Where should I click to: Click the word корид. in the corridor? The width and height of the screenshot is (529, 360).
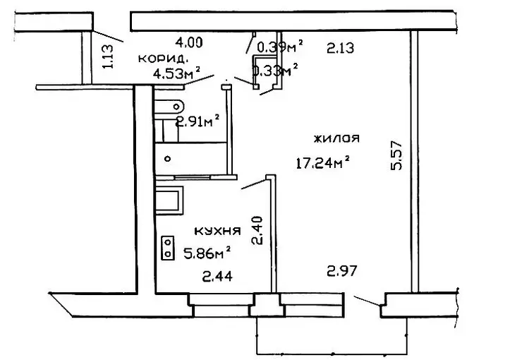coord(163,59)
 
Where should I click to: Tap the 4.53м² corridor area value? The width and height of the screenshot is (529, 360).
coord(177,73)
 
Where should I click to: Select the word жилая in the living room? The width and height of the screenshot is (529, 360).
coord(336,138)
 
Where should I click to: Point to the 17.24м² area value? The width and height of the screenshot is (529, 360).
coord(322,162)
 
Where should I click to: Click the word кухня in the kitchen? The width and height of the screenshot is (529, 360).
coord(218,231)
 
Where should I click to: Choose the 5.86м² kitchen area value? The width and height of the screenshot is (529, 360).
coord(207,253)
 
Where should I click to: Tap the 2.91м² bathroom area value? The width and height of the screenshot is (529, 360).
coord(197,121)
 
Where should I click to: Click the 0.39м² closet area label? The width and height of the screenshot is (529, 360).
coord(280,47)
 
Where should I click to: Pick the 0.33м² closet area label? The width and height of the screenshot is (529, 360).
coord(275,71)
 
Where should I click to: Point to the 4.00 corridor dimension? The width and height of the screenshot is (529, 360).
coord(189,42)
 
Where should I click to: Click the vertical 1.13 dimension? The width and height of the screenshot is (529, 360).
coord(108,56)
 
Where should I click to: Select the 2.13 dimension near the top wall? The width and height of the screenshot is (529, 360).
coord(341,48)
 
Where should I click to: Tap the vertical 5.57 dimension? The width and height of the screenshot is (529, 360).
coord(396,155)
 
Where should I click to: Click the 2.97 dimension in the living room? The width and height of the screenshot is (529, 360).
coord(342,271)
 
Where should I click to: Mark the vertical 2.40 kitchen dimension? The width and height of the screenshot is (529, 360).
coord(257,230)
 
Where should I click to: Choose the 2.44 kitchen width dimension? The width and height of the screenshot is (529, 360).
coord(217,277)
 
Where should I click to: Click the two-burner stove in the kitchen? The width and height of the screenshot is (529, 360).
coord(168,248)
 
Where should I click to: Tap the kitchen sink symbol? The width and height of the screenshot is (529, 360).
coord(169,200)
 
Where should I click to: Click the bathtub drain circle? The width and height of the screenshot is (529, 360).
coord(167,158)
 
